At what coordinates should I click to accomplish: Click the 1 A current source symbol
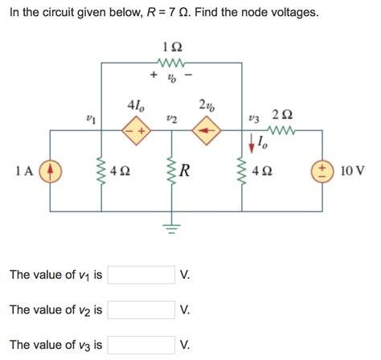(x=50, y=170)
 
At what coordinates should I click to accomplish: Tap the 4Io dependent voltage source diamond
(x=134, y=129)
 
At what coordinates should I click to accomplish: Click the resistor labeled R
(x=170, y=170)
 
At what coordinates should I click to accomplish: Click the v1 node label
(x=91, y=118)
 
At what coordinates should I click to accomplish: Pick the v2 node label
(x=170, y=118)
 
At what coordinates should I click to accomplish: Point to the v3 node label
(x=254, y=118)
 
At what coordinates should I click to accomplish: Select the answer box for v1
(x=141, y=275)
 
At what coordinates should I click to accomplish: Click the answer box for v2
(x=141, y=309)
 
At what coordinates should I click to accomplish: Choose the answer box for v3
(x=141, y=345)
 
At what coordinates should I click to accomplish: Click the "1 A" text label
(x=23, y=170)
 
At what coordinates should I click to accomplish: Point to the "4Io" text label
(x=136, y=105)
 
